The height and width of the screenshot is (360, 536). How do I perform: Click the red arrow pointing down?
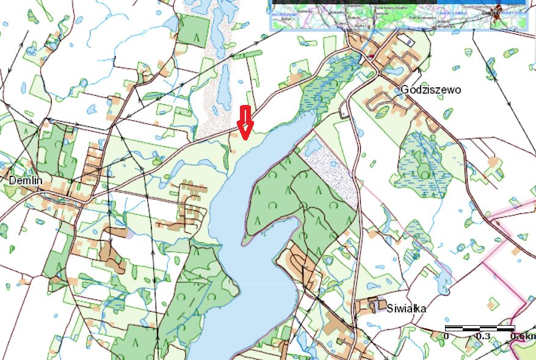(x=245, y=121)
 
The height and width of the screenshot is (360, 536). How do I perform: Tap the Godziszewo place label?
(x=431, y=90)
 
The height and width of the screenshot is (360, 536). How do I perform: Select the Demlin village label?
(x=25, y=181)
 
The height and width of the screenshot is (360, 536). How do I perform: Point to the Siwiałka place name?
(x=406, y=308)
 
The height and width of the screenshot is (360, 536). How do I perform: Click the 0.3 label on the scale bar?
(x=483, y=336)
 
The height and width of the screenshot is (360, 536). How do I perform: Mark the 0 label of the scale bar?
(x=446, y=336)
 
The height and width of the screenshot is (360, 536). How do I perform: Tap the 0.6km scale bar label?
(x=523, y=336)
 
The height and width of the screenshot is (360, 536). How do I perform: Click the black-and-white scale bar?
(x=482, y=328)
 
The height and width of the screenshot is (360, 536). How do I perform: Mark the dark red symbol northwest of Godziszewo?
(x=371, y=57)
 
